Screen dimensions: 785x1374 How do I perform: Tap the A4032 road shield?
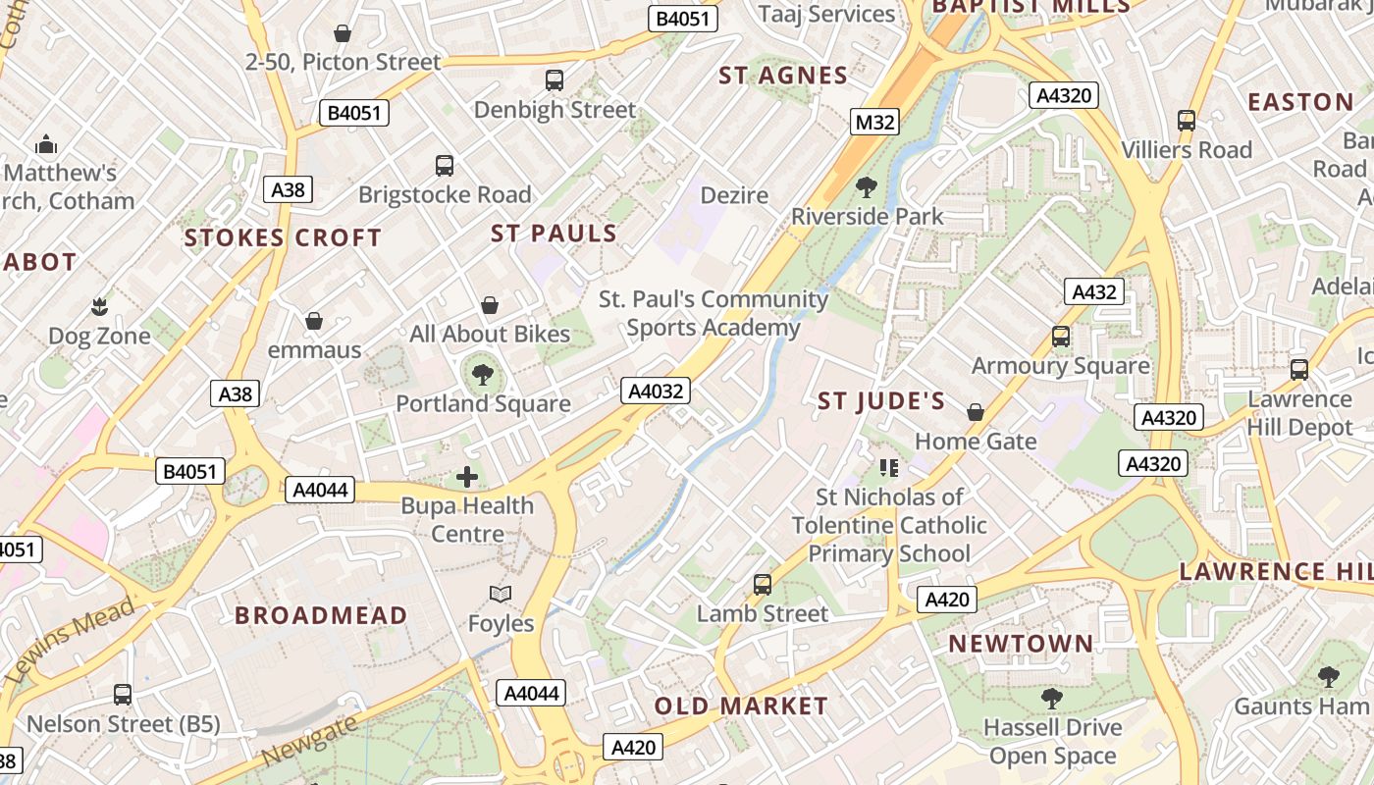point(656,391)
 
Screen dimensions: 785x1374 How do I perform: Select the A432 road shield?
point(1094,291)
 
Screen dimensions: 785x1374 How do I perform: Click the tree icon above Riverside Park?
point(866,186)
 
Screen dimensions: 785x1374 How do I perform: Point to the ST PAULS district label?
point(554,234)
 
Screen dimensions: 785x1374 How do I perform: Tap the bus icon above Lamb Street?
point(763,585)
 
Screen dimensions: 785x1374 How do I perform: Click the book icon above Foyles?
point(501,595)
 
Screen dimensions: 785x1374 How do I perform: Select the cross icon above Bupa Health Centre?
point(467,478)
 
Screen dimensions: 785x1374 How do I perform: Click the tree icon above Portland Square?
point(482,374)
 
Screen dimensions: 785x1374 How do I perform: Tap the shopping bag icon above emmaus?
point(314,321)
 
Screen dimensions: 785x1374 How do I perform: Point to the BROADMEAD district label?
point(321,615)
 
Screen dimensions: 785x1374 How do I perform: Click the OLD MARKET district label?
point(741,706)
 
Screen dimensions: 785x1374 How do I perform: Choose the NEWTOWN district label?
point(1021,644)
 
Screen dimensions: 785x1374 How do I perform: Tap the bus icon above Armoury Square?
point(1061,337)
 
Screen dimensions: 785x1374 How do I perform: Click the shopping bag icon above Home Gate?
point(976,412)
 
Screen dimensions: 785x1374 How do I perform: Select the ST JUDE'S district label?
point(881,400)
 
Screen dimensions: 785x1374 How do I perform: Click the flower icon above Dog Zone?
point(99,307)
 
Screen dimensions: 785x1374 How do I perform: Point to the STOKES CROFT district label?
point(283,237)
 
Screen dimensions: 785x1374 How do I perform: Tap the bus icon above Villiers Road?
point(1187,121)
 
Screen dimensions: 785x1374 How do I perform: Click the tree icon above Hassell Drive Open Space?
point(1052,699)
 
